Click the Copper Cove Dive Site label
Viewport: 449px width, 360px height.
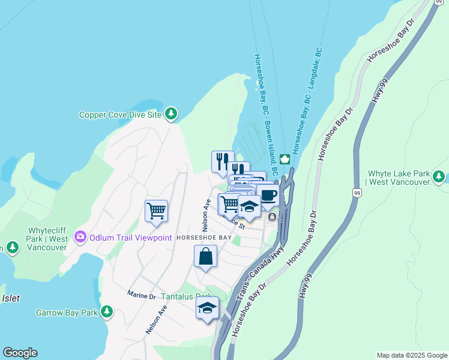coord(121,114)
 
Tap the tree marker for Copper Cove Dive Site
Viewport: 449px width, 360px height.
coord(171,113)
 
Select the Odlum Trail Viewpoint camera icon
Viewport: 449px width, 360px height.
coord(80,237)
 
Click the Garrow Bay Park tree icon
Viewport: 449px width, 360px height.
coord(107,311)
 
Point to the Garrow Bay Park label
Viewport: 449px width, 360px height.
coord(66,313)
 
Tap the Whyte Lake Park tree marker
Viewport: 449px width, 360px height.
coord(439,177)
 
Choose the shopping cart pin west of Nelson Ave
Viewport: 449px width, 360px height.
coord(156,211)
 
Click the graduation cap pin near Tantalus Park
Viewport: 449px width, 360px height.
coord(208,308)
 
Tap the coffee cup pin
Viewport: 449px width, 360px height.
coord(268,195)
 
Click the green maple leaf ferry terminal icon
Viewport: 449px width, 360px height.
coord(285,159)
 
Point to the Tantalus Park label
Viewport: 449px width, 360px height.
coord(186,297)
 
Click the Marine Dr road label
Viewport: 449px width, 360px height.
coord(141,295)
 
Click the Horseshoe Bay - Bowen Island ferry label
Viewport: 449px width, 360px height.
coord(265,114)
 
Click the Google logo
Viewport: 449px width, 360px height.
coord(20,353)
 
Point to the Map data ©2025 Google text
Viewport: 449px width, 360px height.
coord(411,355)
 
